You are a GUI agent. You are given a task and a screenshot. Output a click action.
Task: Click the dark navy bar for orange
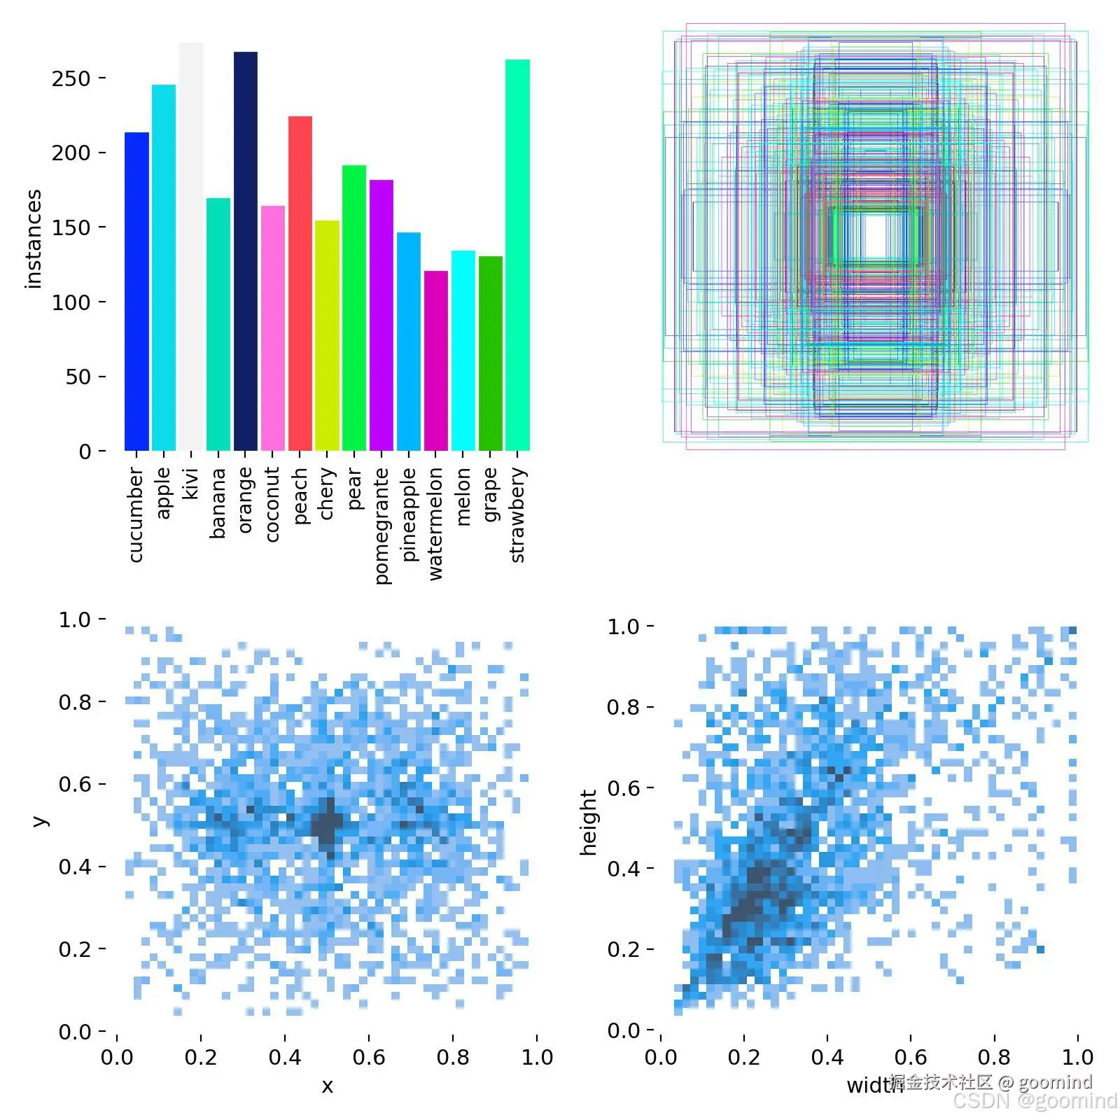[x=245, y=252]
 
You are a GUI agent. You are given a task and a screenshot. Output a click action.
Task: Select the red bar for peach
[x=300, y=283]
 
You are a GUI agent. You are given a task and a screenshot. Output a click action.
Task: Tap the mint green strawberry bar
[x=517, y=255]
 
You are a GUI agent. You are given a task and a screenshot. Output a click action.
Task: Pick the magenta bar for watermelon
[x=436, y=360]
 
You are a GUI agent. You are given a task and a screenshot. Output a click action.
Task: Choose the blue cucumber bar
[x=136, y=291]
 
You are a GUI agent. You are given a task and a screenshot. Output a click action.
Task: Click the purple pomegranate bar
[x=381, y=315]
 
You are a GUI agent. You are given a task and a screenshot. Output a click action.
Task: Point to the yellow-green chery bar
[x=327, y=336]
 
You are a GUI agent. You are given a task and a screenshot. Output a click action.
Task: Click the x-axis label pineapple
[x=409, y=514]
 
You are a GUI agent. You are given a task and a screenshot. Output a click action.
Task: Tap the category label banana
[x=218, y=503]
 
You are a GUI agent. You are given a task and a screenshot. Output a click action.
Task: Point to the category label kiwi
[x=191, y=484]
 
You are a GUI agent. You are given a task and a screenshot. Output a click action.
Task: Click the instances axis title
[x=33, y=239]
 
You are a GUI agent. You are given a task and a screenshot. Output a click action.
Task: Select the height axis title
[x=589, y=822]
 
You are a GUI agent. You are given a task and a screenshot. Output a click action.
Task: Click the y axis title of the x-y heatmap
[x=40, y=820]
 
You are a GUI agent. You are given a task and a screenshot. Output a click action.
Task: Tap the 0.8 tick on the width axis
[x=994, y=1057]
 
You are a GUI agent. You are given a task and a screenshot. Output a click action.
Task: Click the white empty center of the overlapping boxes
[x=874, y=237]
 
